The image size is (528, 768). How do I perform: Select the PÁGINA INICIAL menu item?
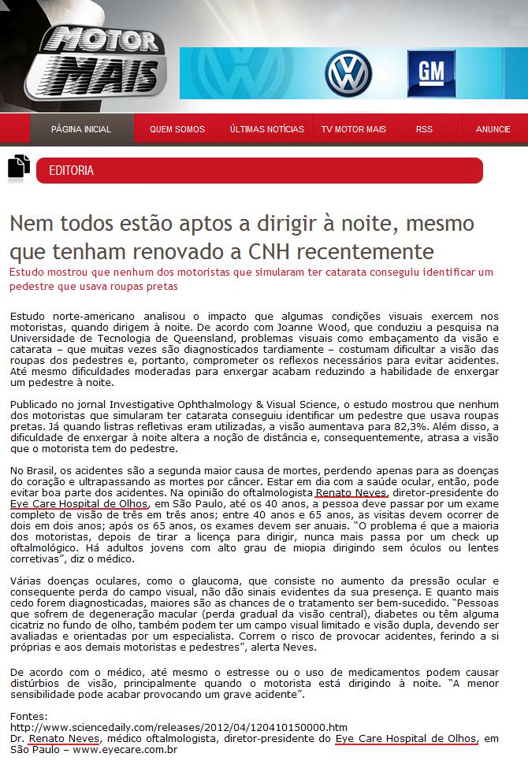(x=81, y=129)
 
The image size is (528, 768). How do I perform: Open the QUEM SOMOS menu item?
(x=177, y=129)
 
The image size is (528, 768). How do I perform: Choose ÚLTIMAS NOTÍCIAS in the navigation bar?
(x=266, y=129)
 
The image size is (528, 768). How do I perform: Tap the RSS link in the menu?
(x=424, y=129)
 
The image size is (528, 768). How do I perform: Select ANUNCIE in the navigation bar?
(x=493, y=129)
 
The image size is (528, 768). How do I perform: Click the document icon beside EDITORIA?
(x=18, y=168)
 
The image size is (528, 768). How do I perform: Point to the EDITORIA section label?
(x=72, y=170)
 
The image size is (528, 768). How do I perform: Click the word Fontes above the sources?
(x=28, y=715)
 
